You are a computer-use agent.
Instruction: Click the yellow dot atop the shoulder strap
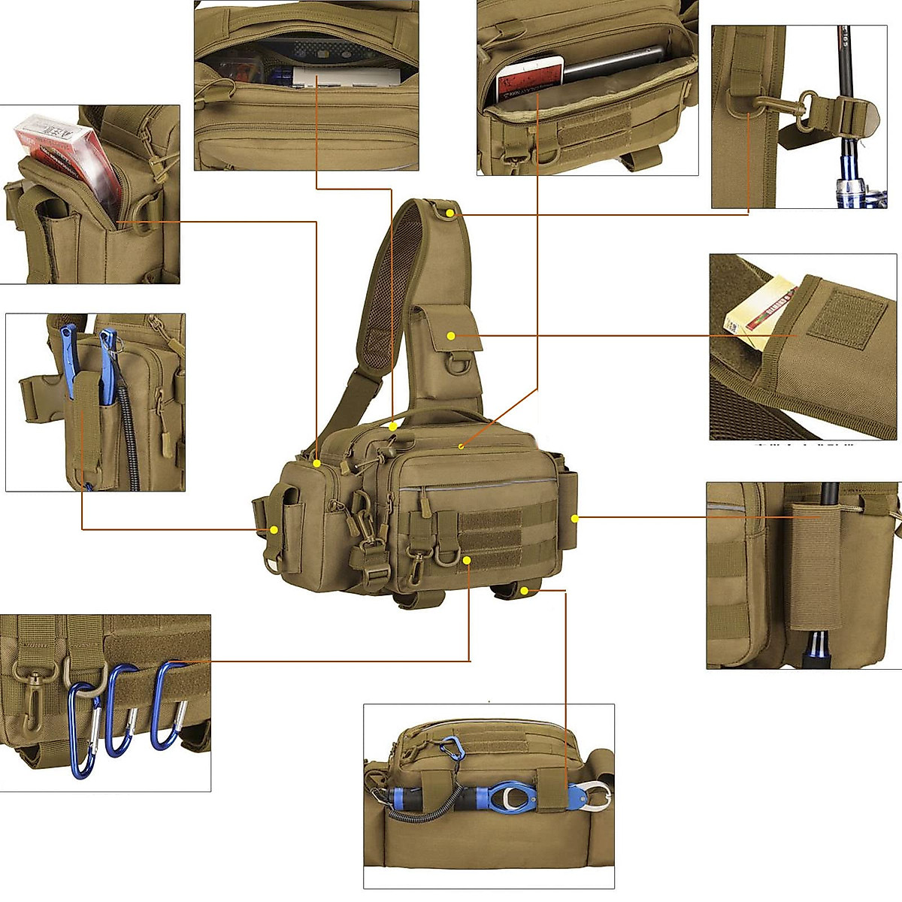tap(449, 213)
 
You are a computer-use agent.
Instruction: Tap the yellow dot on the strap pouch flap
tap(452, 335)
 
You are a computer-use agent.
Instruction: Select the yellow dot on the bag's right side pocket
tap(574, 518)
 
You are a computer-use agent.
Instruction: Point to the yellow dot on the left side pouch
tap(274, 530)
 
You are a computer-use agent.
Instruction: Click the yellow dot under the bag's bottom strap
tap(524, 591)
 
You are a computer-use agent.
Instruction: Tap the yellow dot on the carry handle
tap(392, 426)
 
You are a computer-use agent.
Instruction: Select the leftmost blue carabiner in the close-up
tap(83, 729)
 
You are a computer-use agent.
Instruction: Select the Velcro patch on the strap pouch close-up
tap(848, 316)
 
